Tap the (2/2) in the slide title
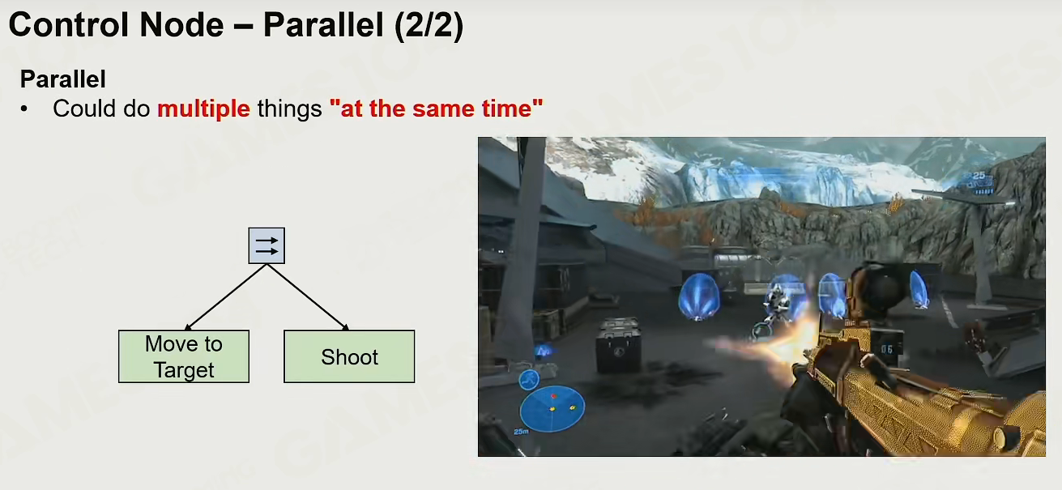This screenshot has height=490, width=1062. pos(429,26)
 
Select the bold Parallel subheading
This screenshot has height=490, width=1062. pos(62,79)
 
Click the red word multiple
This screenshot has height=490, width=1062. pos(203,109)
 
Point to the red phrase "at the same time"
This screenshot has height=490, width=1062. pos(436,109)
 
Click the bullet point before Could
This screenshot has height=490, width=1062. pos(24,109)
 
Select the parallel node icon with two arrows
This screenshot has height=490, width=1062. pos(267,245)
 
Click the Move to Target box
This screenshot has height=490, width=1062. pos(184,356)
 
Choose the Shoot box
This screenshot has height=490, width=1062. pos(349,356)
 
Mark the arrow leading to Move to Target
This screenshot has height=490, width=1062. pos(225,297)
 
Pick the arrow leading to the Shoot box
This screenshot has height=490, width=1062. pos(308,297)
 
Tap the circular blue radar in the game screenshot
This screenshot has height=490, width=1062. pos(552,408)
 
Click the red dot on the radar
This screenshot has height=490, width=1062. pos(553,396)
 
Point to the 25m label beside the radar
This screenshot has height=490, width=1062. pos(521,432)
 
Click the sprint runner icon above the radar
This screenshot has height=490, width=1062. pos(529,380)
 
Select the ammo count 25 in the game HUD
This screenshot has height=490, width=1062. pos(979,176)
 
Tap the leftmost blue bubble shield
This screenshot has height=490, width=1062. pos(698,296)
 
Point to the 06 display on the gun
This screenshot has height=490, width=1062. pos(886,349)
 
